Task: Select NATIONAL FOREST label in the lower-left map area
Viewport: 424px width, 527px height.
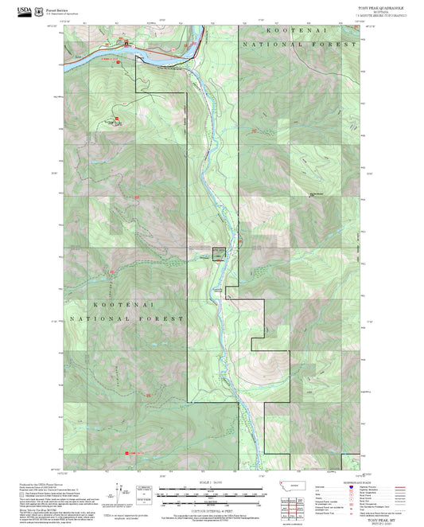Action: pyautogui.click(x=127, y=318)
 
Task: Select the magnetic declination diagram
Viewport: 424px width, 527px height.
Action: pyautogui.click(x=119, y=492)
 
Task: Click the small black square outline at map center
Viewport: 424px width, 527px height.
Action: pyautogui.click(x=219, y=253)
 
